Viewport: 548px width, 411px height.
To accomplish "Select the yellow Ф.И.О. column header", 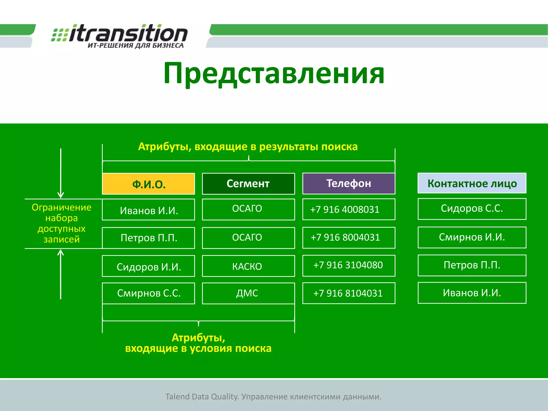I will tap(149, 184).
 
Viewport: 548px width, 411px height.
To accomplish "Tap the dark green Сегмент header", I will tap(248, 184).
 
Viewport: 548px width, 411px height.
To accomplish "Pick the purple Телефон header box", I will tap(349, 183).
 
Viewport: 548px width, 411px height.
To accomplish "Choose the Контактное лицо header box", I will tap(472, 183).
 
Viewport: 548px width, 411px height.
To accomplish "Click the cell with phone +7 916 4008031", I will tap(349, 209).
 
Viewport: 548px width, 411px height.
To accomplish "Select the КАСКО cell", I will tap(248, 266).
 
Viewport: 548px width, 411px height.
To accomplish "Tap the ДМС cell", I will tap(248, 293).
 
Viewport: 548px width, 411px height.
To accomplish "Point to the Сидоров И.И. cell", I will tap(149, 266).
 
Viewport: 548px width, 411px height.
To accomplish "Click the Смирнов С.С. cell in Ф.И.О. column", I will tap(149, 293).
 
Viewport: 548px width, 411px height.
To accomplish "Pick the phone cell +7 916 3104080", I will tap(349, 265).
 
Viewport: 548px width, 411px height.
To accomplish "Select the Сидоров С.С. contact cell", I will tap(472, 209).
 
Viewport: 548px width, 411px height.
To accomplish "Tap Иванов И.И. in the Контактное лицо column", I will tap(472, 293).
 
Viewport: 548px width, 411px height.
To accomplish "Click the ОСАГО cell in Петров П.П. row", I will tap(248, 238).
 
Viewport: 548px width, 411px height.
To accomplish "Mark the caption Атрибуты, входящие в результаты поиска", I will tap(248, 147).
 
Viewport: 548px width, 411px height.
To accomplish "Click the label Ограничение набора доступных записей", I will tap(62, 223).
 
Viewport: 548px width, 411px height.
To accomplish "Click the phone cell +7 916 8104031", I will tap(349, 293).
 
